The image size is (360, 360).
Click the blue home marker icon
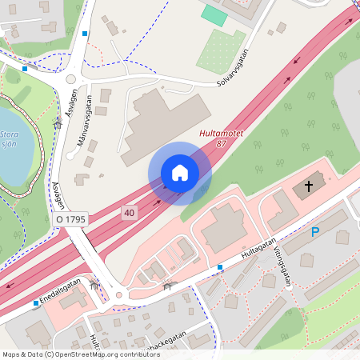(180, 173)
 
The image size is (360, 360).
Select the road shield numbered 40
(129, 212)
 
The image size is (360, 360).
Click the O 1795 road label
(70, 218)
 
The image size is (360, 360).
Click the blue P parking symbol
(315, 232)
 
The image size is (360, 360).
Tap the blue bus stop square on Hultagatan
(220, 266)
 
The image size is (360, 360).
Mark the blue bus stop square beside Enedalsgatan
(36, 303)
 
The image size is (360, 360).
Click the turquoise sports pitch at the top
(214, 14)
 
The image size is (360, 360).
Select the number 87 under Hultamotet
(221, 145)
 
